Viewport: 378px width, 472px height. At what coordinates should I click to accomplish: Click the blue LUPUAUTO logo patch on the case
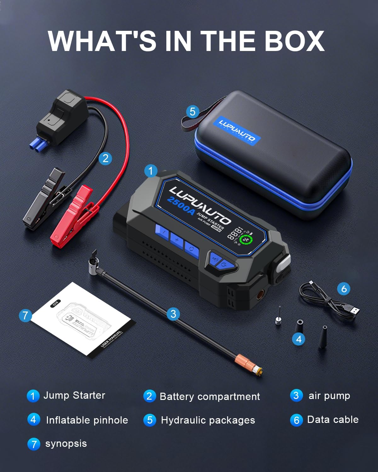coord(237,130)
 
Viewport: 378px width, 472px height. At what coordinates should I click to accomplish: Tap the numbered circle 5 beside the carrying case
coord(192,111)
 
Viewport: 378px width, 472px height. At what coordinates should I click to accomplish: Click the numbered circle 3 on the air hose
coord(173,314)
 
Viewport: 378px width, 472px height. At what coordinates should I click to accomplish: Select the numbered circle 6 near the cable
coord(344,289)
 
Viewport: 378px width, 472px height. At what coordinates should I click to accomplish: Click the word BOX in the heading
coord(294,41)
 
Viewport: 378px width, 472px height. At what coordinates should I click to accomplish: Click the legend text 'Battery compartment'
coord(210,396)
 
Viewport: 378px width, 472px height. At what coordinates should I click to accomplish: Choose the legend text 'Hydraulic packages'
coord(208,420)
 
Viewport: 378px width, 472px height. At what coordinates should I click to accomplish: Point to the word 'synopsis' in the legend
coord(66,444)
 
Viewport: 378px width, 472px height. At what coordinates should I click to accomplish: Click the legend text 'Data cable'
coord(333,419)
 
